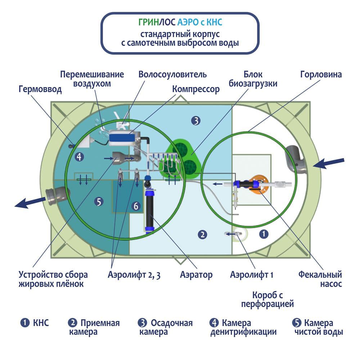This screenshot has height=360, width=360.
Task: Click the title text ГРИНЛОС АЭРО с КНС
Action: click(180, 23)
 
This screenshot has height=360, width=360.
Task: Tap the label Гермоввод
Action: click(40, 89)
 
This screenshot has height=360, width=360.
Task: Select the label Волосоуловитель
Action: click(173, 75)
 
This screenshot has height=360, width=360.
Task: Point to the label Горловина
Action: click(321, 75)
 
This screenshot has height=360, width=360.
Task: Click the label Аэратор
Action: click(196, 275)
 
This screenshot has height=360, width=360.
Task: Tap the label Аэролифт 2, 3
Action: click(134, 275)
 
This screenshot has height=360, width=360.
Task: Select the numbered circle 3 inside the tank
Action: click(195, 121)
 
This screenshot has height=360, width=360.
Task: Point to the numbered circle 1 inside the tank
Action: click(264, 234)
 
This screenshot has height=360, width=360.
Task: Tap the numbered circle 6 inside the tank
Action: click(135, 206)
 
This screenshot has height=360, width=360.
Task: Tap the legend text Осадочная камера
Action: click(166, 327)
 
